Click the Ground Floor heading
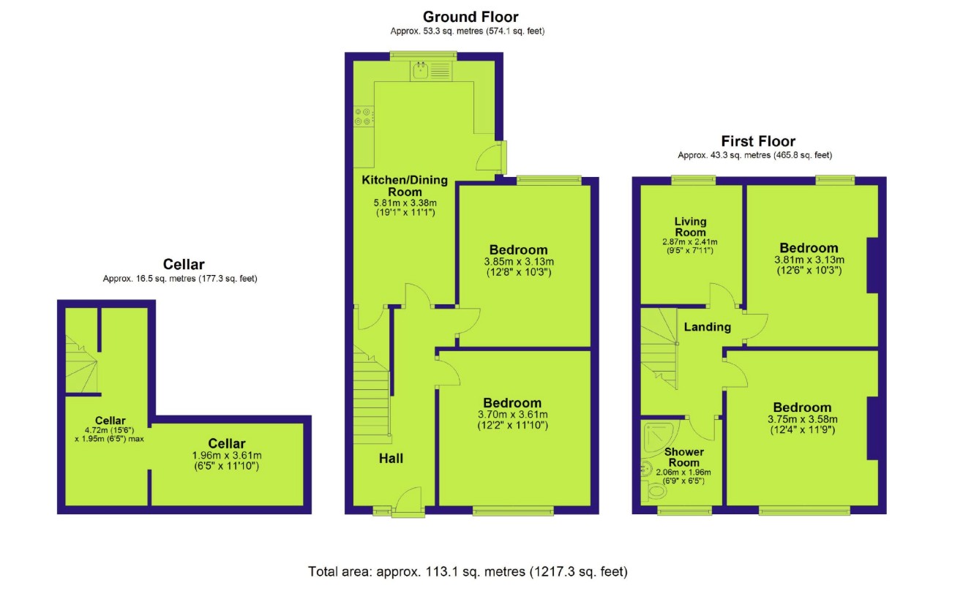click(471, 17)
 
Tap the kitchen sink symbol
click(421, 71)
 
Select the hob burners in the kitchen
click(363, 116)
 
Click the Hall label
click(391, 459)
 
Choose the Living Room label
click(691, 226)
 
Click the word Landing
click(707, 327)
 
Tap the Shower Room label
click(684, 457)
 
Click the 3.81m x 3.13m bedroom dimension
click(809, 260)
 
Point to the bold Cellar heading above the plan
click(183, 264)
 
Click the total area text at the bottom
click(468, 571)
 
